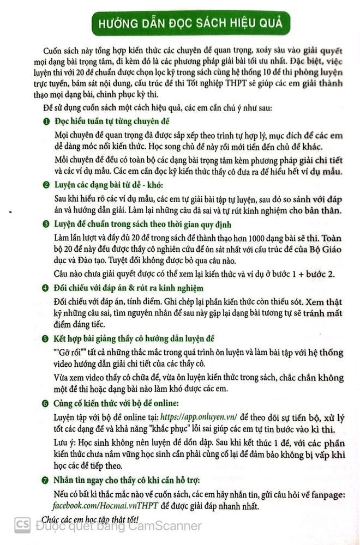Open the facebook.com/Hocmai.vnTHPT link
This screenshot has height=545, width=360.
pyautogui.click(x=106, y=505)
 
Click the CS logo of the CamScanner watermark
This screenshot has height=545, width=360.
pyautogui.click(x=22, y=525)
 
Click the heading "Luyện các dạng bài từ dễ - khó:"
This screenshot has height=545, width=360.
pyautogui.click(x=109, y=186)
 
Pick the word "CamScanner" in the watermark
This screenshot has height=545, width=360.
pyautogui.click(x=170, y=526)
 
